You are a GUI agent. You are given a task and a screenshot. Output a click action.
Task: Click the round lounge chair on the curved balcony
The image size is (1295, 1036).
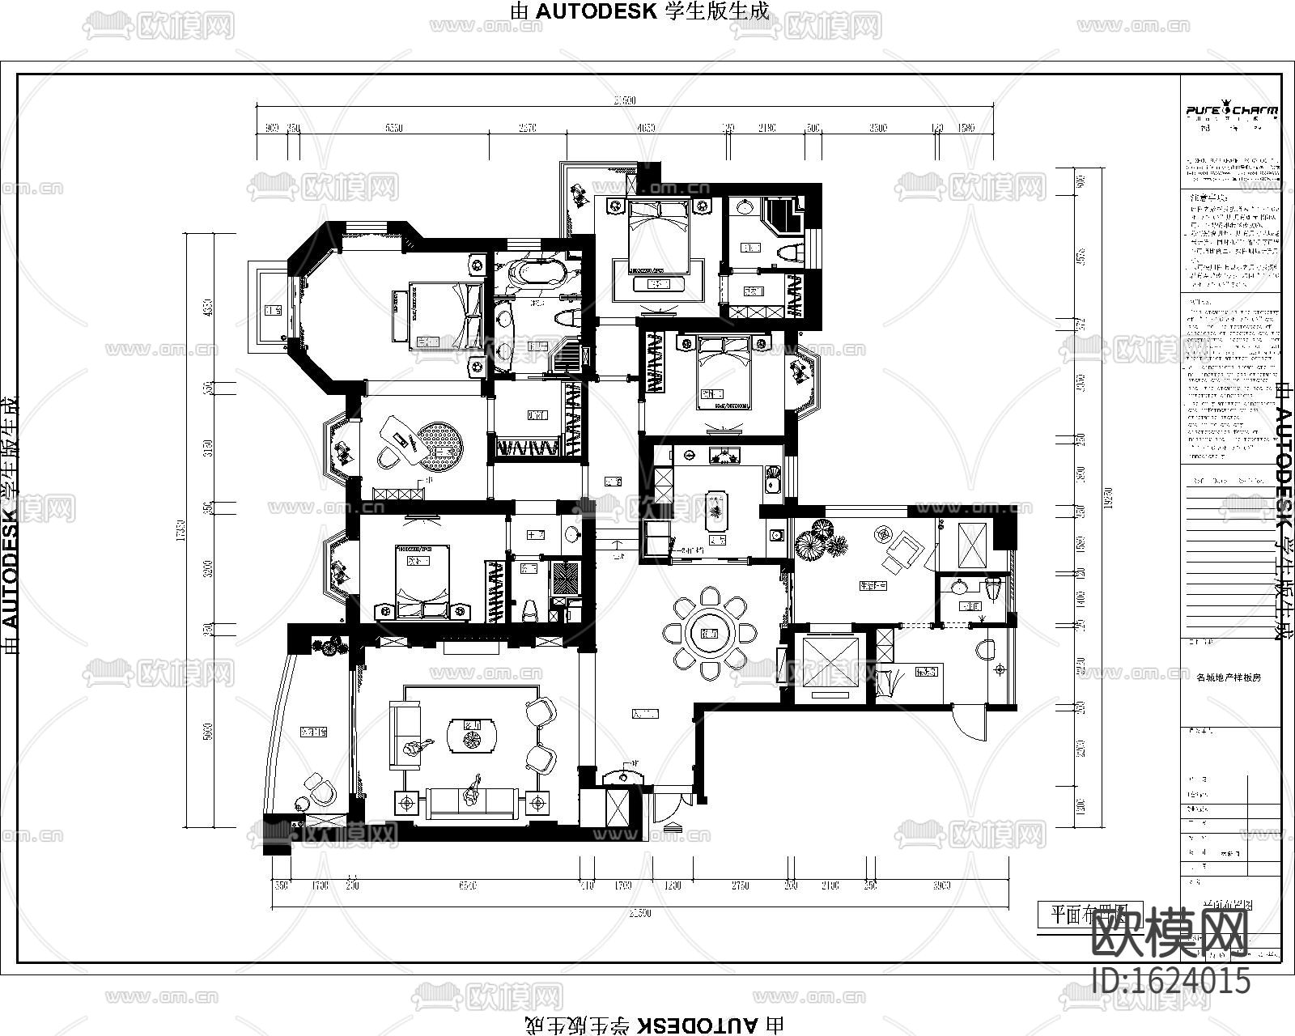[x=319, y=789]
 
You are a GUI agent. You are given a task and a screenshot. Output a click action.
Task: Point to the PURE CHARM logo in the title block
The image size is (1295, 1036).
[x=1232, y=111]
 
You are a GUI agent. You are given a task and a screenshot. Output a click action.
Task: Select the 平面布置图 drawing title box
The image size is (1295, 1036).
[x=1089, y=914]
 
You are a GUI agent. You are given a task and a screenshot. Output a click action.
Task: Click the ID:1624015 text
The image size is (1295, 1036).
[x=1170, y=982]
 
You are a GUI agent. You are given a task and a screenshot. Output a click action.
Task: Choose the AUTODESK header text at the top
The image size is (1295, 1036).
[x=639, y=11]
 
